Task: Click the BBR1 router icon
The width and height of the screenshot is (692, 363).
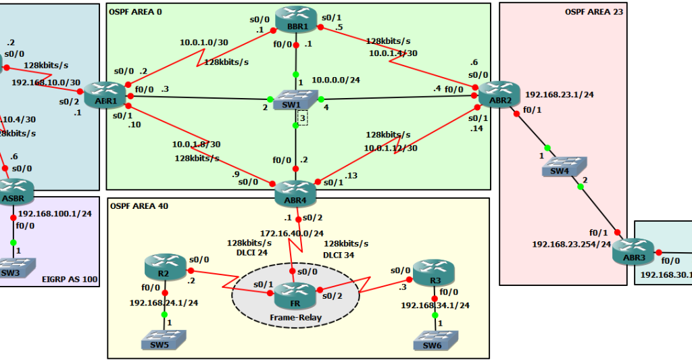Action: (295, 19)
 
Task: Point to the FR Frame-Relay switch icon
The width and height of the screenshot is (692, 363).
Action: (295, 292)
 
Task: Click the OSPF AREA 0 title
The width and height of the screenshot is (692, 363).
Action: (136, 11)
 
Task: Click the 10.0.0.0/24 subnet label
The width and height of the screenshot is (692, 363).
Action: (336, 80)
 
